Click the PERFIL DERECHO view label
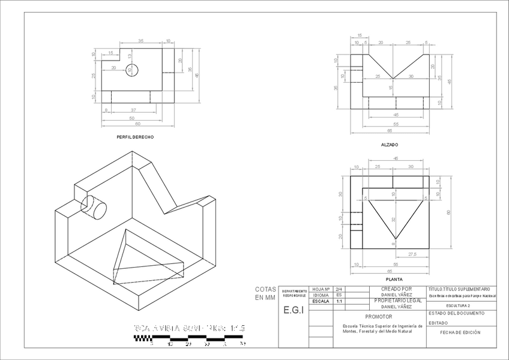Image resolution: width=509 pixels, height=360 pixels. click(136, 137)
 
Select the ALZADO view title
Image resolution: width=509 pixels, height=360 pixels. click(390, 145)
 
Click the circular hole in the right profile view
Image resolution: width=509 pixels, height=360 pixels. click(133, 70)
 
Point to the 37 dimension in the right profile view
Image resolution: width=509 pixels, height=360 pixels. click(133, 110)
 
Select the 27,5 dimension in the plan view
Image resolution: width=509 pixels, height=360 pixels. click(412, 255)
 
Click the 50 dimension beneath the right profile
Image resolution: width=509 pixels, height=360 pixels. click(132, 118)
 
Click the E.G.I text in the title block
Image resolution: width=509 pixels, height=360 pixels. click(293, 310)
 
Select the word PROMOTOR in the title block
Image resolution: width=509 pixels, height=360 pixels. click(378, 316)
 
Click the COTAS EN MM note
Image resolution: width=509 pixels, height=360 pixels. click(265, 293)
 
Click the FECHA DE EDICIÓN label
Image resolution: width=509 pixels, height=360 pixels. click(460, 332)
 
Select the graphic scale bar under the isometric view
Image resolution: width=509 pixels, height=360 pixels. click(189, 338)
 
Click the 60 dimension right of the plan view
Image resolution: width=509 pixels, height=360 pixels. click(448, 212)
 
